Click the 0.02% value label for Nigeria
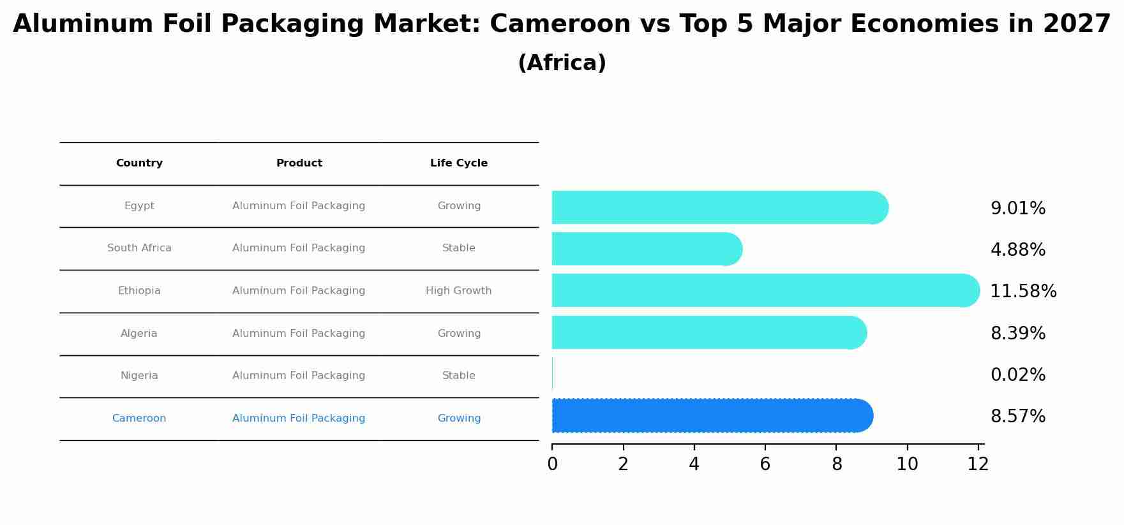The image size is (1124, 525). click(x=1017, y=375)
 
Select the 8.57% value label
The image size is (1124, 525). click(x=1017, y=417)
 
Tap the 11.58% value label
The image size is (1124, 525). click(x=1023, y=292)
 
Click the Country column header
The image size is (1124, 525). click(x=139, y=163)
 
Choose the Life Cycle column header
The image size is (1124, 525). click(x=458, y=163)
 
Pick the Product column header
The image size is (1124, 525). click(x=299, y=163)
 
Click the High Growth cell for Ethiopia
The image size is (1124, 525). click(x=458, y=291)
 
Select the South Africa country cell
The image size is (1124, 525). click(x=139, y=248)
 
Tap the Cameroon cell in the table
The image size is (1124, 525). click(x=139, y=418)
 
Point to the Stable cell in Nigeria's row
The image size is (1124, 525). click(x=458, y=376)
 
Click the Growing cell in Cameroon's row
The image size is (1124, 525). click(x=458, y=418)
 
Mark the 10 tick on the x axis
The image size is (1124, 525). click(x=907, y=464)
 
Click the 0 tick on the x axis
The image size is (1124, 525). click(x=552, y=464)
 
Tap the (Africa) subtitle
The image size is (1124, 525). click(x=562, y=63)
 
